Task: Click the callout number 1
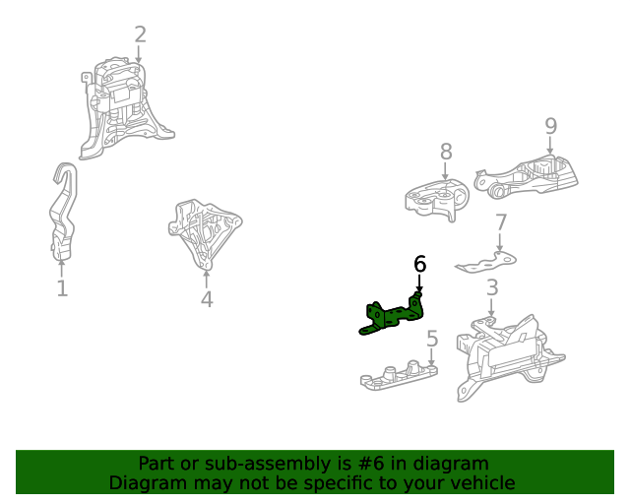pos(62,288)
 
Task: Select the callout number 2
pos(140,34)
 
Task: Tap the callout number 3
pos(492,287)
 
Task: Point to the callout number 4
pos(207,299)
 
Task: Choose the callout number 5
pos(432,339)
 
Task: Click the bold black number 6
pos(419,264)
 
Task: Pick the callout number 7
pos(501,222)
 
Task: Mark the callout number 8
pos(446,152)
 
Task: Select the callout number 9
pos(551,126)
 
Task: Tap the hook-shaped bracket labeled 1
pos(63,211)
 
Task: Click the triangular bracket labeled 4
pos(204,232)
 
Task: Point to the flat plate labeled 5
pos(399,375)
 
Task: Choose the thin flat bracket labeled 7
pos(486,262)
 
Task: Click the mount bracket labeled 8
pos(437,199)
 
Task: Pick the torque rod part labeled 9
pos(526,177)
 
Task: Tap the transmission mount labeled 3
pos(508,356)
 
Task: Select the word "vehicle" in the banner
pos(483,482)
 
